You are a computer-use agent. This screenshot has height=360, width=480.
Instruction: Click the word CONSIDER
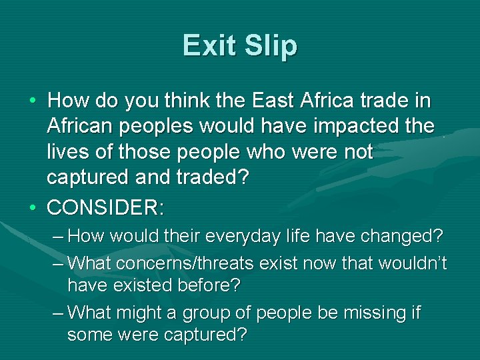point(104,207)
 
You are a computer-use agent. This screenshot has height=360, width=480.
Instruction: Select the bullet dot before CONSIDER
point(33,207)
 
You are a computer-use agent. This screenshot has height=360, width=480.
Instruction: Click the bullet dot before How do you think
point(33,101)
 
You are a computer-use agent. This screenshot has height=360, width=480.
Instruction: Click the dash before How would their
point(58,236)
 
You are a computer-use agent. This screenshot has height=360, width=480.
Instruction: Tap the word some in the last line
point(90,334)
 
